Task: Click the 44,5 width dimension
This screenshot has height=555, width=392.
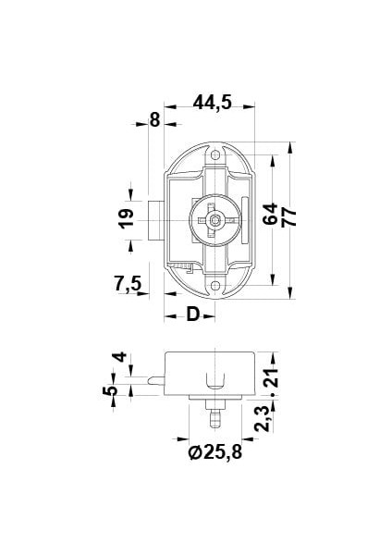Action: click(212, 103)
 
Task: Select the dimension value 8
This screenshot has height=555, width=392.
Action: click(153, 119)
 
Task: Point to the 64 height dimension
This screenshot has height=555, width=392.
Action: click(268, 216)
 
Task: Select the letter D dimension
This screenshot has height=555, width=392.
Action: click(192, 314)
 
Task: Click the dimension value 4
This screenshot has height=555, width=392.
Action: click(117, 359)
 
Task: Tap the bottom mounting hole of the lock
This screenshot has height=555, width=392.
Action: click(215, 286)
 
